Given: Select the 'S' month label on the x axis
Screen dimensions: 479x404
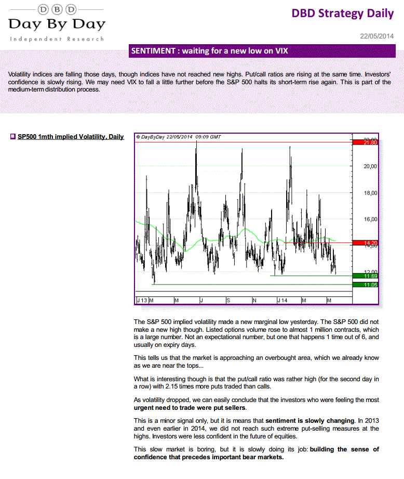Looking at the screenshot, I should [228, 301].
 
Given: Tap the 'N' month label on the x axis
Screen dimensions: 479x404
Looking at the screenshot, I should [254, 301].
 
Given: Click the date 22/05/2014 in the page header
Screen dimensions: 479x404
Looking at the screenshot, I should [377, 36].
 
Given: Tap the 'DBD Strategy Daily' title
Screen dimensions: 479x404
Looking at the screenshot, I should [343, 14].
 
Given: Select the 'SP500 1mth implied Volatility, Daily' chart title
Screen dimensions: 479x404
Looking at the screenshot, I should [71, 137].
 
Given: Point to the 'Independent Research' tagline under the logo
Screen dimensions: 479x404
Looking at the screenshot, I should [57, 39].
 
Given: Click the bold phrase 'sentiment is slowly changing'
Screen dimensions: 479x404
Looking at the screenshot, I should [310, 420].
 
